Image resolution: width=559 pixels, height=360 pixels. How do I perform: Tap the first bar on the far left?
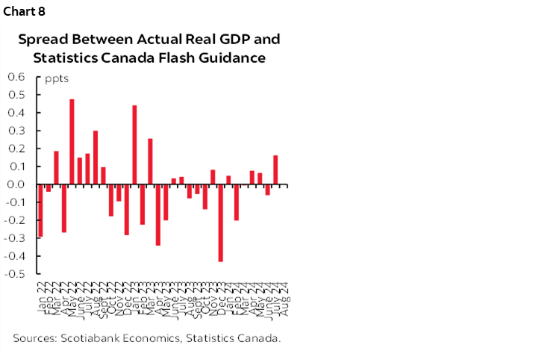40,211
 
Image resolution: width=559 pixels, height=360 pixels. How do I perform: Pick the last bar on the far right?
275,170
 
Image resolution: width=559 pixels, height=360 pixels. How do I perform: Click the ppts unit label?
57,78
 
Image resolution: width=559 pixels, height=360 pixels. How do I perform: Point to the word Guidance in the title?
235,57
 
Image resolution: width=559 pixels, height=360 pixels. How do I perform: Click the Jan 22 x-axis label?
39,288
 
